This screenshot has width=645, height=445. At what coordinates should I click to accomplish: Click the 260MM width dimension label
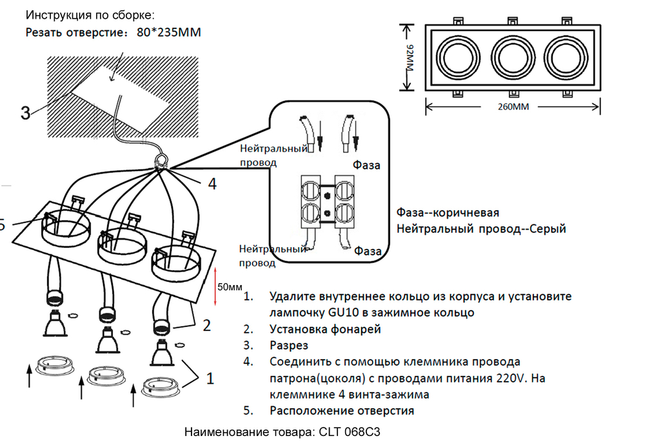513,107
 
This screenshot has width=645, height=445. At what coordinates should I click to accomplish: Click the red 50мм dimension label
229,286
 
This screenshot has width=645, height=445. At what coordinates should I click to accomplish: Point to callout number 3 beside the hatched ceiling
25,114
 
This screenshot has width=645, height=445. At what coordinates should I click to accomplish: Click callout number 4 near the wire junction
212,184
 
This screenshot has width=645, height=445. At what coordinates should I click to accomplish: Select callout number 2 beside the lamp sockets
206,326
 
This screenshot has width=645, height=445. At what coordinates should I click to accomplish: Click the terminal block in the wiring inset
327,203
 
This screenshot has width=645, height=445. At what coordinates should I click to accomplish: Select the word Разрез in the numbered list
290,346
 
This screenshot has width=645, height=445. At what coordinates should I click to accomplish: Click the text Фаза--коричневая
448,212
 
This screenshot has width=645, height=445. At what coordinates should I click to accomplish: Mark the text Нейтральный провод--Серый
481,228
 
